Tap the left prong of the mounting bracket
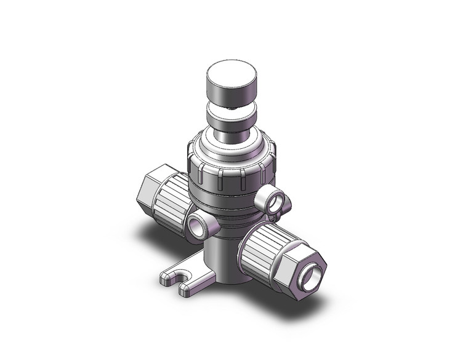coord(167,277)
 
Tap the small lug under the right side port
coord(272,215)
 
